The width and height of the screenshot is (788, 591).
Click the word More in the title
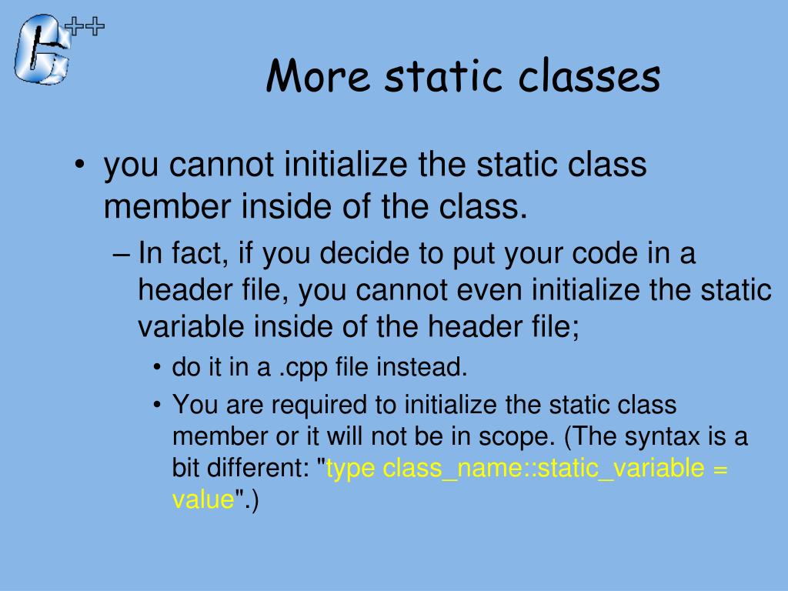pyautogui.click(x=318, y=76)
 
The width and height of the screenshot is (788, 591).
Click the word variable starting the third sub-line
pyautogui.click(x=184, y=327)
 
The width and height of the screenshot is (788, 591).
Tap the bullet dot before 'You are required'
pyautogui.click(x=157, y=405)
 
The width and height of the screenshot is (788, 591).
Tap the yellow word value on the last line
pyautogui.click(x=202, y=500)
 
